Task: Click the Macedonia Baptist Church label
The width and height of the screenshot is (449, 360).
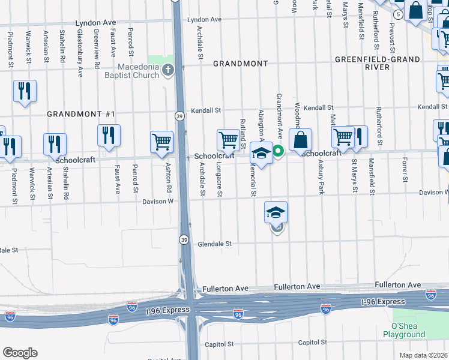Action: click(138, 71)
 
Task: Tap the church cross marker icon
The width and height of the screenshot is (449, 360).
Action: click(167, 70)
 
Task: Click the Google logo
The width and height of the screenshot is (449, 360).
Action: click(20, 353)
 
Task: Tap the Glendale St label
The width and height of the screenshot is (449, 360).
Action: click(212, 244)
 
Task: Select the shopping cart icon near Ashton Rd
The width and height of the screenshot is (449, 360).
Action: click(162, 143)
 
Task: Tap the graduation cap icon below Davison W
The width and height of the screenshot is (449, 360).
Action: click(276, 212)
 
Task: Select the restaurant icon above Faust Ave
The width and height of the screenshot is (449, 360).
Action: click(109, 135)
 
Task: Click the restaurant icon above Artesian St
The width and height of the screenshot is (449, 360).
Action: click(55, 144)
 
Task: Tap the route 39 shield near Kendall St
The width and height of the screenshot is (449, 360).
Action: click(179, 116)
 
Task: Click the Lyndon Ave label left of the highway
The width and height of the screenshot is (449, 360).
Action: click(95, 23)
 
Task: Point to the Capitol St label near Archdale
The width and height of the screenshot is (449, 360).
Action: click(219, 344)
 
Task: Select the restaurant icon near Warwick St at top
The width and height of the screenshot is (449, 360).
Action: click(25, 91)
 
